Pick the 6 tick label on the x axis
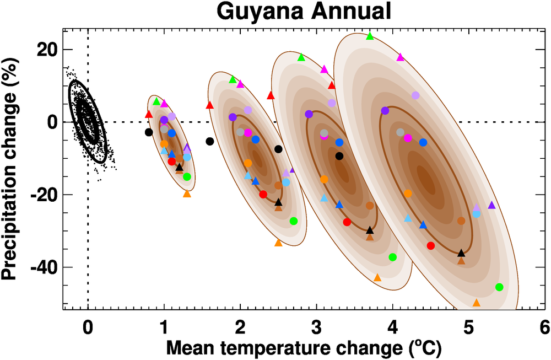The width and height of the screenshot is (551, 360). pyautogui.click(x=544, y=326)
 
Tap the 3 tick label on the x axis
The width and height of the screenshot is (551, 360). pyautogui.click(x=316, y=326)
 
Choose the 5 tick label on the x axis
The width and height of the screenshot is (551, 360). pyautogui.click(x=469, y=326)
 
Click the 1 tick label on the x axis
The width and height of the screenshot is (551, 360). pyautogui.click(x=164, y=326)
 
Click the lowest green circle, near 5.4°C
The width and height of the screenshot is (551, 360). pyautogui.click(x=499, y=287)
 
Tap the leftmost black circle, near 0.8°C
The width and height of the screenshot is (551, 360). pyautogui.click(x=148, y=132)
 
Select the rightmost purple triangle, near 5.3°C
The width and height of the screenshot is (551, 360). pyautogui.click(x=491, y=205)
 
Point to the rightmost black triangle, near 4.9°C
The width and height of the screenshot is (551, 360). pyautogui.click(x=461, y=253)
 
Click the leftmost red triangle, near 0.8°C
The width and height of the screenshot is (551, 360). pyautogui.click(x=148, y=114)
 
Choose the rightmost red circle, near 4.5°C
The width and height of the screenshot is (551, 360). pyautogui.click(x=431, y=245)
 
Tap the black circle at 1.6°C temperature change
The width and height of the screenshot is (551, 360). pyautogui.click(x=209, y=141)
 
